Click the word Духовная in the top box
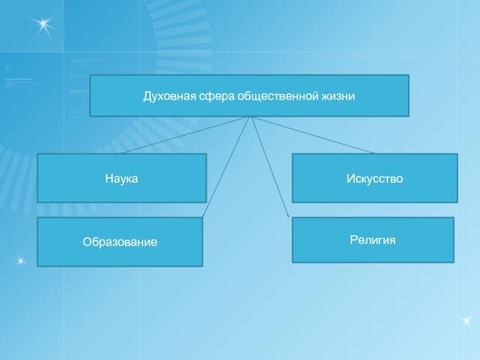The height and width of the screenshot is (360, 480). (x=170, y=97)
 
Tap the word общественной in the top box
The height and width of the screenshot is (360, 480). (x=278, y=97)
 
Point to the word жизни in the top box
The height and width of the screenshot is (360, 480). (x=338, y=97)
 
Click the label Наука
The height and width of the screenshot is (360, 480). (x=122, y=178)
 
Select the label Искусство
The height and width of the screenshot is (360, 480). (x=374, y=178)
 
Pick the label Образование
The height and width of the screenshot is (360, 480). (x=120, y=242)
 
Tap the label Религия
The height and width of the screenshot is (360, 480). (x=373, y=240)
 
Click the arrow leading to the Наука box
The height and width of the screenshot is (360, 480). (x=185, y=135)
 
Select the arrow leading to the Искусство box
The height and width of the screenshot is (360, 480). (x=312, y=135)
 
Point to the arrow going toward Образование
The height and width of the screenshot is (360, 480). (x=227, y=167)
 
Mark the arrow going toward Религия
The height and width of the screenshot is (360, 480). (x=269, y=167)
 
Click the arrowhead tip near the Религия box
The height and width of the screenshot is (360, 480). (x=289, y=217)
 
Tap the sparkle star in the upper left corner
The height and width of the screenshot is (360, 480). (x=44, y=24)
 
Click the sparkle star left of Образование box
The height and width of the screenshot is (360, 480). (x=21, y=260)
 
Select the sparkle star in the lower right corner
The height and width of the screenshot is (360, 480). (x=467, y=321)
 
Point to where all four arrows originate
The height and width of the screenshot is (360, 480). (x=251, y=116)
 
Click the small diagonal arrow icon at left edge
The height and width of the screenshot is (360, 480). (x=8, y=65)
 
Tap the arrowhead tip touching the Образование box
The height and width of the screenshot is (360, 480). (x=203, y=217)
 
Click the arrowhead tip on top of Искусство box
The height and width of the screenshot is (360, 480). (x=374, y=154)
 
